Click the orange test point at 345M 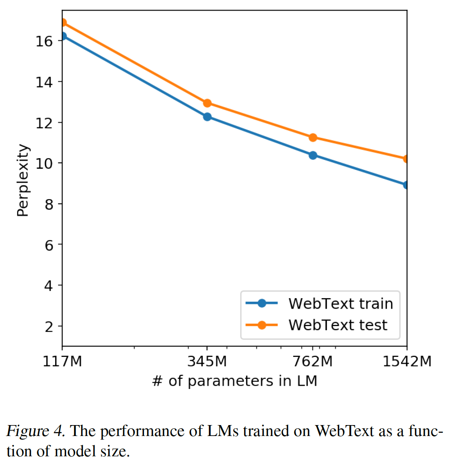[x=207, y=103]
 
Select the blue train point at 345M [x=207, y=117]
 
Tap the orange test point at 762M [x=313, y=137]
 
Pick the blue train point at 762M [x=313, y=155]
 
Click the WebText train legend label [x=341, y=303]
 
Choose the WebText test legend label [x=338, y=325]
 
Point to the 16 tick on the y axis [x=44, y=41]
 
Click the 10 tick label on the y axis [x=44, y=163]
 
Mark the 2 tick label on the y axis [x=49, y=326]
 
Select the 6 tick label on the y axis [x=49, y=245]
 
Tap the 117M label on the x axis [x=62, y=361]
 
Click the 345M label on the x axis [x=207, y=361]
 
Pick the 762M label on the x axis [x=313, y=361]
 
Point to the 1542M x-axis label [x=407, y=361]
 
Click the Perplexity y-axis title [x=23, y=180]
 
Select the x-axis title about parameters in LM [x=234, y=381]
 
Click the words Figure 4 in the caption [x=35, y=431]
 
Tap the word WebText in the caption [x=344, y=431]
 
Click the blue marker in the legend [x=262, y=303]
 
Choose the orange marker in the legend [x=262, y=325]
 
